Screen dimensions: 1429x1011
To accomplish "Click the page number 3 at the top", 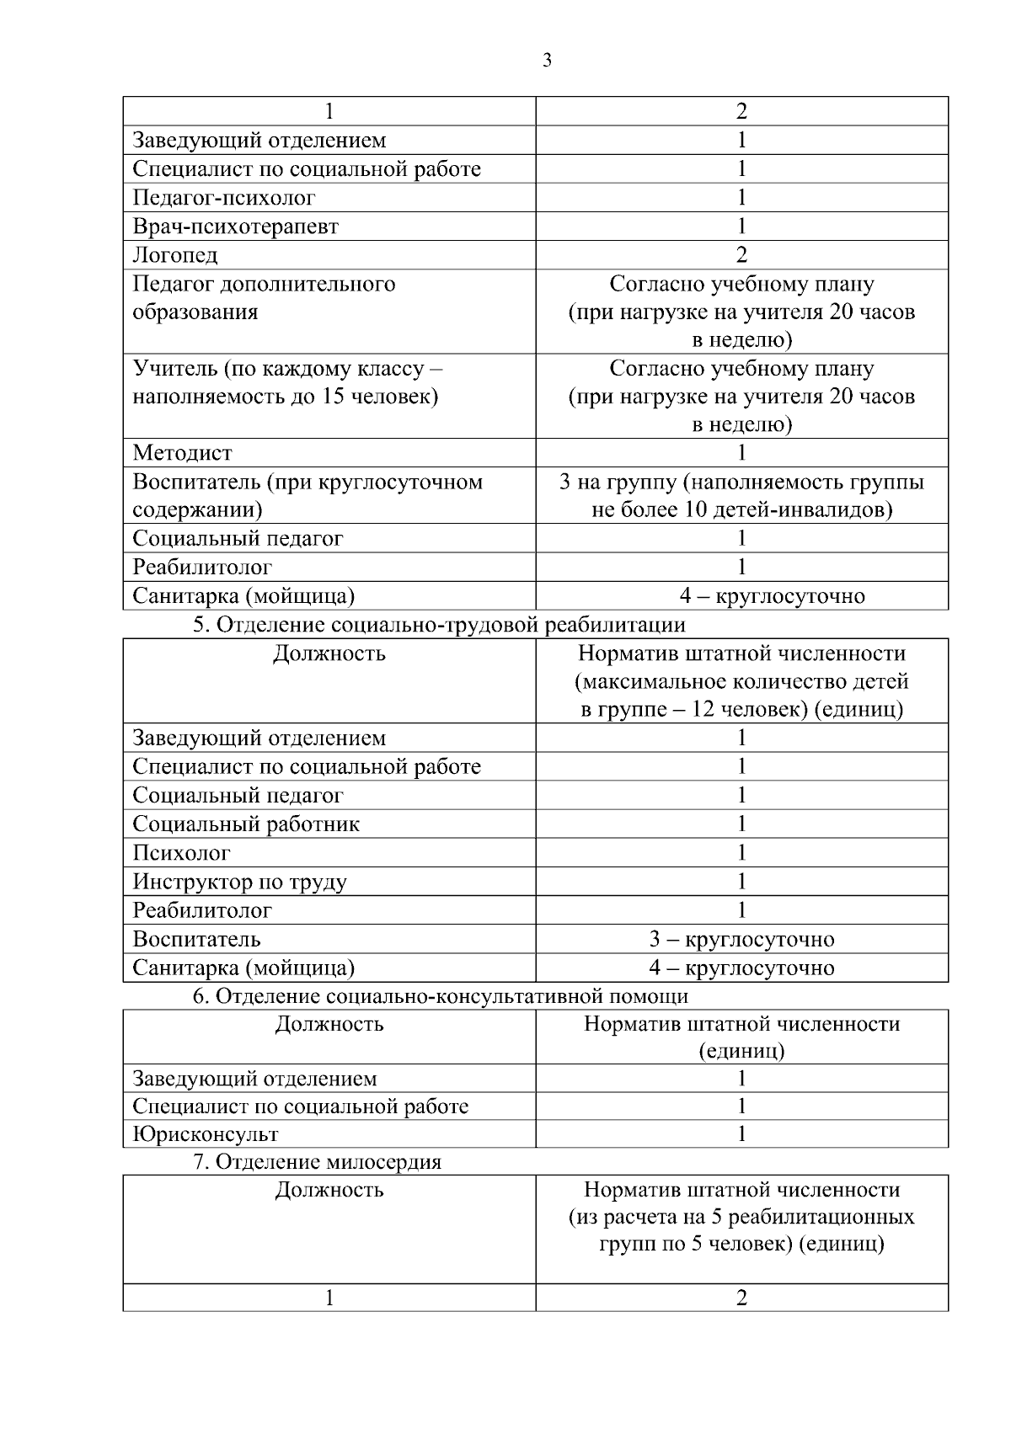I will tap(547, 61).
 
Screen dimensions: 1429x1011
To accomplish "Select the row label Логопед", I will tap(175, 255).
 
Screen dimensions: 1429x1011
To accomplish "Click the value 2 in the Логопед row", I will tap(741, 255).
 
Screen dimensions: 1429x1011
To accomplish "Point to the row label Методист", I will tap(182, 453).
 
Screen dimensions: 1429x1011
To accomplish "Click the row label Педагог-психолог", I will tap(224, 198).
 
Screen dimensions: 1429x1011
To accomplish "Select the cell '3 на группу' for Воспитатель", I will tap(741, 496).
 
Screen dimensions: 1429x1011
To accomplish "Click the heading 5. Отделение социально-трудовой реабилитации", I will tap(439, 625).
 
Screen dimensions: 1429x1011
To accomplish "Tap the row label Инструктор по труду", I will tap(239, 882).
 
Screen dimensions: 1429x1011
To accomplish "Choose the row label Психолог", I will tap(181, 853).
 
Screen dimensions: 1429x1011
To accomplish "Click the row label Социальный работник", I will tap(246, 824).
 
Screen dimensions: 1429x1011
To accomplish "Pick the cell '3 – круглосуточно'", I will tap(741, 939).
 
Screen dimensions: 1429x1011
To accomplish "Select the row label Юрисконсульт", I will tap(206, 1134).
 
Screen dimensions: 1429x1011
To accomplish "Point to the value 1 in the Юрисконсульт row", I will tap(741, 1134).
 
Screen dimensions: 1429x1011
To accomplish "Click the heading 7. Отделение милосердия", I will tap(318, 1162).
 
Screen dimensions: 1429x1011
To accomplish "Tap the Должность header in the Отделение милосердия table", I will tap(329, 1190).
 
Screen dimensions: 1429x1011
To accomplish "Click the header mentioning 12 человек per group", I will tap(741, 681).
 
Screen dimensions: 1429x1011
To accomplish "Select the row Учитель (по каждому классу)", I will tap(286, 382).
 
